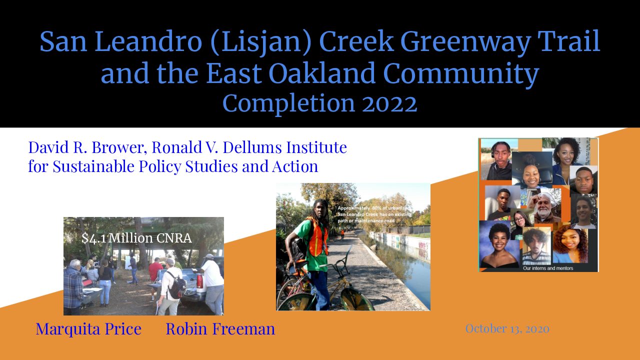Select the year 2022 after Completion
(389, 103)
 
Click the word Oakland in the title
(321, 72)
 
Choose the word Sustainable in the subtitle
(93, 166)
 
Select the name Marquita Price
(88, 329)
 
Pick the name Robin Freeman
(220, 328)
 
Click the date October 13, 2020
(507, 328)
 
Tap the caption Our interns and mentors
(548, 268)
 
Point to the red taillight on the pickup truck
(199, 281)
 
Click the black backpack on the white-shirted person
(175, 284)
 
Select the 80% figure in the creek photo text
(376, 208)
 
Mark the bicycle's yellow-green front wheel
(356, 299)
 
